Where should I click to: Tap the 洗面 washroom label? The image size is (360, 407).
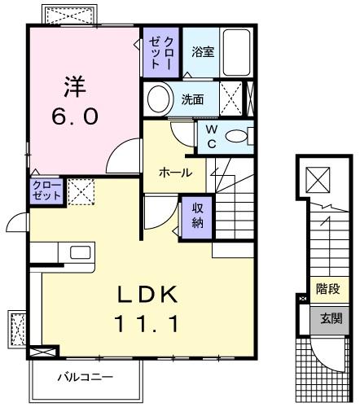pyautogui.click(x=192, y=100)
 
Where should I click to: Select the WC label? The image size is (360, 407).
pyautogui.click(x=211, y=135)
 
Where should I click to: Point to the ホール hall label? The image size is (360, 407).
pyautogui.click(x=175, y=173)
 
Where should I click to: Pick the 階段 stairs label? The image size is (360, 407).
pyautogui.click(x=328, y=289)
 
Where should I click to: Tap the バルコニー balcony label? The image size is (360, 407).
pyautogui.click(x=85, y=378)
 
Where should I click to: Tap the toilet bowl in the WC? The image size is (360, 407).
pyautogui.click(x=239, y=136)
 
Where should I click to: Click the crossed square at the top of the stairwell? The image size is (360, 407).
pyautogui.click(x=317, y=179)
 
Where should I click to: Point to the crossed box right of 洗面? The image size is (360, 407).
pyautogui.click(x=231, y=101)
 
